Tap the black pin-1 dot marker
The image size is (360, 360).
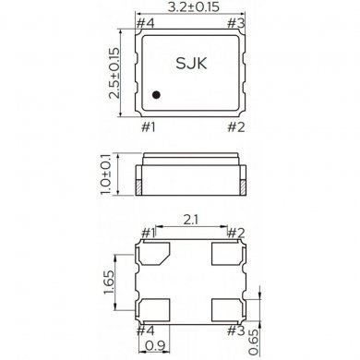click(x=158, y=93)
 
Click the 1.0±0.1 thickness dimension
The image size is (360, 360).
click(x=114, y=174)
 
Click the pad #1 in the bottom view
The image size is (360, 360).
click(x=154, y=253)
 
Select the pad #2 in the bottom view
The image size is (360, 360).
click(x=227, y=253)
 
